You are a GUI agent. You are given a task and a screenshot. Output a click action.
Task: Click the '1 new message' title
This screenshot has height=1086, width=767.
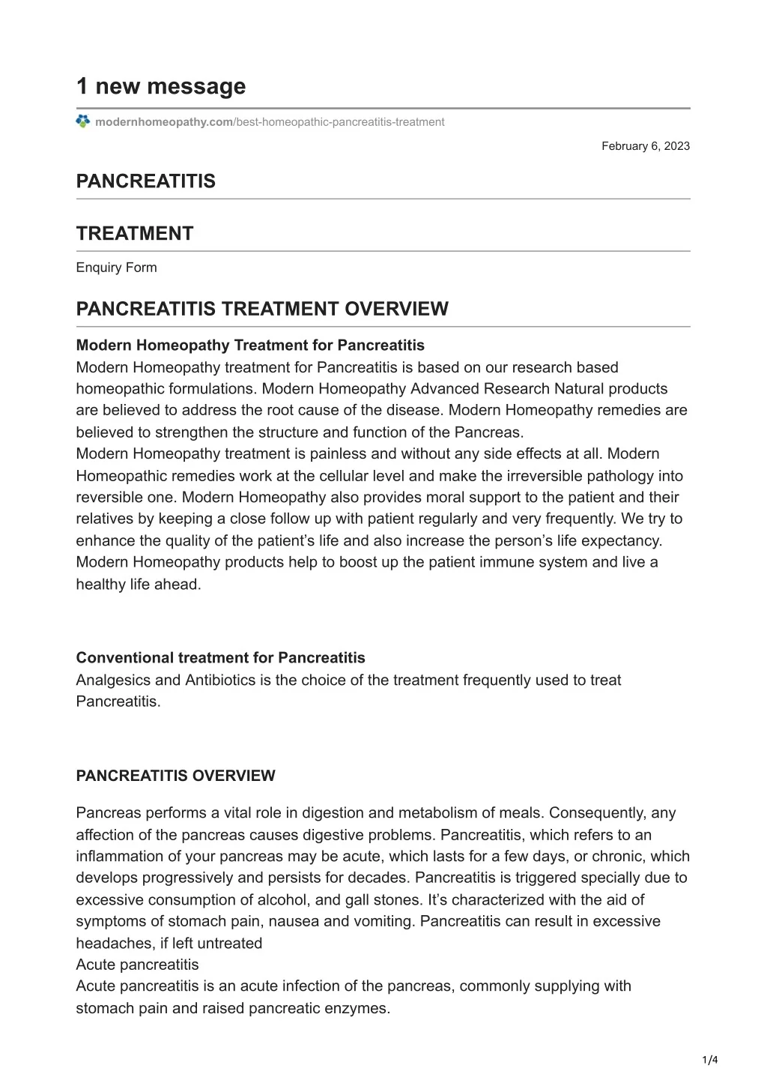pyautogui.click(x=160, y=86)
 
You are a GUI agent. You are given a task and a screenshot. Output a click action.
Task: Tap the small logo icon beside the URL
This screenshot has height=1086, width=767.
pyautogui.click(x=83, y=121)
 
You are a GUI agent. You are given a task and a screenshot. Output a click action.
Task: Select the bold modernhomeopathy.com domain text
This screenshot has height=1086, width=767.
pyautogui.click(x=164, y=122)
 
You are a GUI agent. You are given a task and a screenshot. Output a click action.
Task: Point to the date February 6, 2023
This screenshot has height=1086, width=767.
pyautogui.click(x=645, y=146)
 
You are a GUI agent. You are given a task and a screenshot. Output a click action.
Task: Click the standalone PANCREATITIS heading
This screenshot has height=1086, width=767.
pyautogui.click(x=145, y=181)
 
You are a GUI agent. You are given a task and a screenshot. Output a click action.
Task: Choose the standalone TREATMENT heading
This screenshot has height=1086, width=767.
pyautogui.click(x=135, y=234)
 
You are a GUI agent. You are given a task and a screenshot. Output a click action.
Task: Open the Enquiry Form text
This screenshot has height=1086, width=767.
pyautogui.click(x=116, y=268)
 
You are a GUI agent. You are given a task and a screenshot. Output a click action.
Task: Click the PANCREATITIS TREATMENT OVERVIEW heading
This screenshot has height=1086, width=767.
pyautogui.click(x=262, y=309)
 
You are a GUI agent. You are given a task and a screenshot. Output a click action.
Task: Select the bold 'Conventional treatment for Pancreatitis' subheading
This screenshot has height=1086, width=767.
pyautogui.click(x=220, y=658)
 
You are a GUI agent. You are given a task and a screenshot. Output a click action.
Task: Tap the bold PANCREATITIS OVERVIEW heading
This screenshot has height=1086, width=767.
pyautogui.click(x=175, y=776)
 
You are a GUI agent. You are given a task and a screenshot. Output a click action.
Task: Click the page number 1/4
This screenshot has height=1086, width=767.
pyautogui.click(x=710, y=1060)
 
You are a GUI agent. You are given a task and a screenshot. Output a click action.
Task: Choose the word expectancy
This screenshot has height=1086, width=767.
pyautogui.click(x=628, y=540)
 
